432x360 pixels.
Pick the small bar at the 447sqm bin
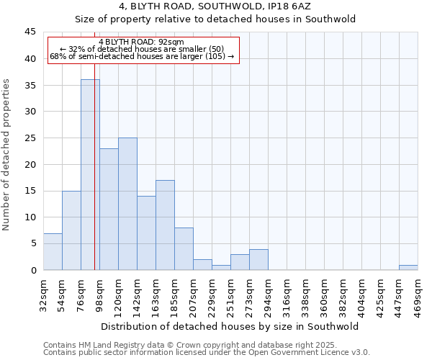[x=408, y=267]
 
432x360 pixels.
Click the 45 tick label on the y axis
[x=30, y=32]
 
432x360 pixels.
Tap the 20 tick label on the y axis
[x=30, y=164]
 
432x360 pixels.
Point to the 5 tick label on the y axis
[x=32, y=243]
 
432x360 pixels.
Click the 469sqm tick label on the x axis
[x=418, y=294]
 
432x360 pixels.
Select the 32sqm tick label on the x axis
[x=44, y=292]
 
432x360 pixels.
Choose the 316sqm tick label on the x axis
[x=287, y=294]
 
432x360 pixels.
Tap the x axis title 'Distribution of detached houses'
[x=230, y=326]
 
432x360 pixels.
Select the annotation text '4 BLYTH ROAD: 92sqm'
[x=142, y=42]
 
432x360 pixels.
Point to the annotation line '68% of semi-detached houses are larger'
[x=142, y=56]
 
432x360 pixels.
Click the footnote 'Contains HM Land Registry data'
[x=205, y=345]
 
